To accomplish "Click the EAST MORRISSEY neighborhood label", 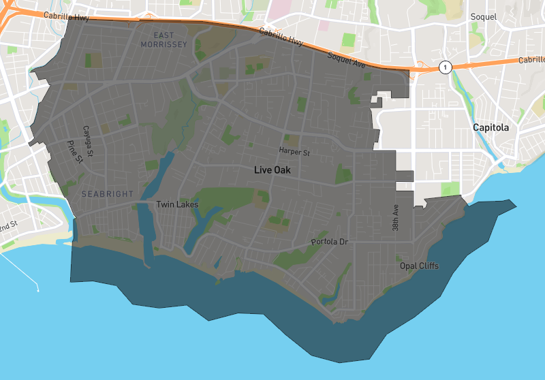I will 163,39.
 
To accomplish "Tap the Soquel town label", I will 484,16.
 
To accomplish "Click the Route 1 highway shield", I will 445,67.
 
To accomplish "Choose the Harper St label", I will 294,151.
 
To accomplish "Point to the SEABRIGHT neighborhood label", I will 108,194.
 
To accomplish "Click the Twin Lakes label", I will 177,204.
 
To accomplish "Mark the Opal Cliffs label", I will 419,266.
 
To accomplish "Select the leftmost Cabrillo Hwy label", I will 67,16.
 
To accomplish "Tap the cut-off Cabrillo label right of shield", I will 531,60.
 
